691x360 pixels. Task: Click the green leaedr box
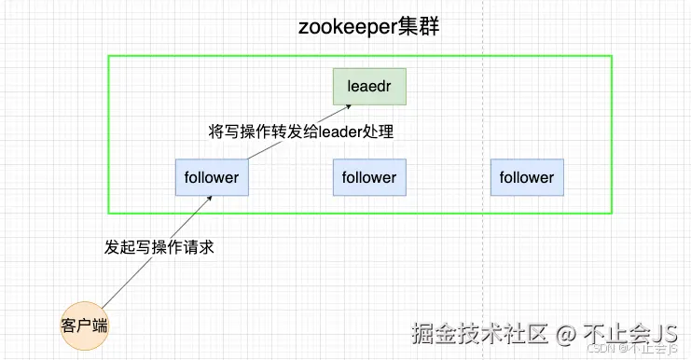point(369,87)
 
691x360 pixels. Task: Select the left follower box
point(212,177)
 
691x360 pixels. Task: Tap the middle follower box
point(369,177)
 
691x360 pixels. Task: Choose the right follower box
point(527,177)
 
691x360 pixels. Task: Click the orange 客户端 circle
point(84,325)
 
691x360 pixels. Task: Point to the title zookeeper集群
point(369,26)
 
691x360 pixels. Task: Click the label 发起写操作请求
point(159,247)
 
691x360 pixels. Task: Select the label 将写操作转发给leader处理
point(301,132)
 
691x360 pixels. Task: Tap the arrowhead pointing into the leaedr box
point(348,106)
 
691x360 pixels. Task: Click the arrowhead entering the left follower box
point(209,199)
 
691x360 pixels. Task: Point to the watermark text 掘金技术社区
point(479,333)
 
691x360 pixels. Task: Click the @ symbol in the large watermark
point(566,334)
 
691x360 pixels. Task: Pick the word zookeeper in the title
point(348,27)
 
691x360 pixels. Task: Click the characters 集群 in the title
point(419,26)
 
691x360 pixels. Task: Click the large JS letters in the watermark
point(664,333)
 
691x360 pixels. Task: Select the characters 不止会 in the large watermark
point(617,333)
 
